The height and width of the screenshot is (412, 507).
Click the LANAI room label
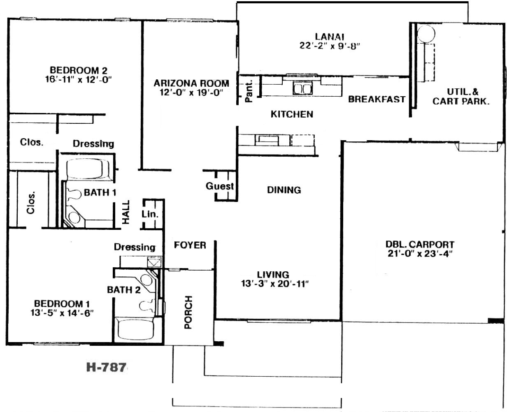tap(330, 37)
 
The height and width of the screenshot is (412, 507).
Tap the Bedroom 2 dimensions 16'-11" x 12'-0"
tap(79, 79)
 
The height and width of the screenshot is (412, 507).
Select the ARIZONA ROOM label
tap(191, 83)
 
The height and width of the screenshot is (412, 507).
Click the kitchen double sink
tap(302, 89)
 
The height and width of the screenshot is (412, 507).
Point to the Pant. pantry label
tap(249, 91)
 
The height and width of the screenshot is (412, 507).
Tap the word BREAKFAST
tap(377, 99)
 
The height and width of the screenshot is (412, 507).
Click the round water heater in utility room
tap(426, 34)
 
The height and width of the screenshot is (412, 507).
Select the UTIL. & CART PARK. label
tap(461, 97)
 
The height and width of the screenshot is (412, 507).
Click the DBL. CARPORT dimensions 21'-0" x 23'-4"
tap(420, 254)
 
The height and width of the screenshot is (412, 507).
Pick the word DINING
tap(284, 190)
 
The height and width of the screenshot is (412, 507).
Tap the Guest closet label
tap(220, 186)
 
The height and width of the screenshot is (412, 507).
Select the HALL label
tap(126, 212)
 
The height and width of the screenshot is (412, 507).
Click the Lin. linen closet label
tap(150, 214)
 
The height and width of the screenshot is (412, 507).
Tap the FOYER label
tap(190, 245)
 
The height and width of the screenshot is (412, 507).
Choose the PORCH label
tap(188, 312)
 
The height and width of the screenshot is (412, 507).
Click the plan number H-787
tap(106, 367)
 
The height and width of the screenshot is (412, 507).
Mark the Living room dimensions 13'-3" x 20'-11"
tap(275, 284)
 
